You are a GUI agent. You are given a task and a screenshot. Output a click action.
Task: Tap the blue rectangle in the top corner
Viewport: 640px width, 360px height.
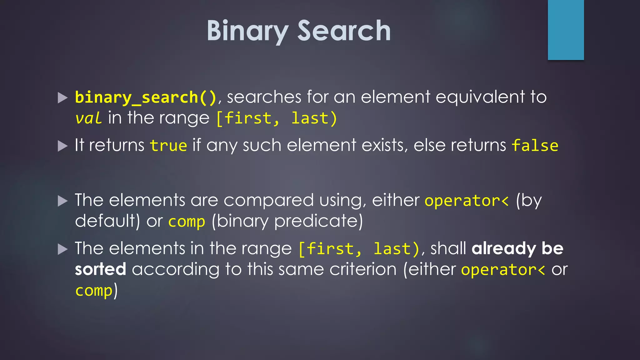(x=566, y=30)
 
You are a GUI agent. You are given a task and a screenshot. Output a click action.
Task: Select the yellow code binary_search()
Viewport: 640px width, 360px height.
(x=146, y=97)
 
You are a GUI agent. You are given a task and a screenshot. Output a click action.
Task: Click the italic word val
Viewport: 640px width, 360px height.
(x=88, y=118)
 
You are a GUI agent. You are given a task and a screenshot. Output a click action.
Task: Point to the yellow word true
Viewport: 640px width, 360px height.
(x=168, y=146)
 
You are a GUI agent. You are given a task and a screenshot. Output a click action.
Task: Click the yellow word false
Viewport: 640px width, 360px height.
(x=535, y=146)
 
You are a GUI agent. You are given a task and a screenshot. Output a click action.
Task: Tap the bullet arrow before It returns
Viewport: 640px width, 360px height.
(x=63, y=146)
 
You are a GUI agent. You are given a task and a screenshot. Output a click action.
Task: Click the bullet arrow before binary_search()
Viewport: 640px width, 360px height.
(x=63, y=98)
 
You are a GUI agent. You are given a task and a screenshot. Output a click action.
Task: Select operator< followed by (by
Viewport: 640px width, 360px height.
(x=467, y=201)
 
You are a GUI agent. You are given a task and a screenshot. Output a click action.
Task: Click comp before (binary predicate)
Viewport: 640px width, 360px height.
(x=187, y=222)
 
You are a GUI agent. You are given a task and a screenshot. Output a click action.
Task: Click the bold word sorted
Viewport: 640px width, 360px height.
(x=100, y=269)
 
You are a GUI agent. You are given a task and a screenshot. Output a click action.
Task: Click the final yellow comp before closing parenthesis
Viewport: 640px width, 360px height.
(x=93, y=291)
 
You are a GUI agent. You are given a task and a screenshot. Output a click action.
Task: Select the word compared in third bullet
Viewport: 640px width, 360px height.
(x=268, y=200)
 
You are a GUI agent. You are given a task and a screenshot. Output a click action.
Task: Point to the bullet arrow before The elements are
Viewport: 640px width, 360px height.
(x=63, y=201)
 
